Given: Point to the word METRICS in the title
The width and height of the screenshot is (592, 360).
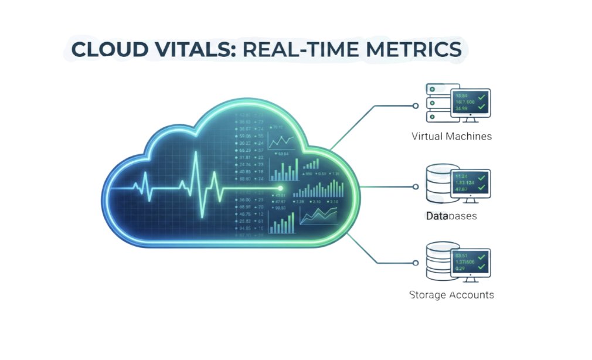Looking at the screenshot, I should click(413, 50).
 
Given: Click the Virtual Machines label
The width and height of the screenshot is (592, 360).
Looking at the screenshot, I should click(451, 136).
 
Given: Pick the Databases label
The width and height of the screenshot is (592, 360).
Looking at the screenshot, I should click(451, 216).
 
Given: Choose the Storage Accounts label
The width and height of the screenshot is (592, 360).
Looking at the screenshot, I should click(451, 295).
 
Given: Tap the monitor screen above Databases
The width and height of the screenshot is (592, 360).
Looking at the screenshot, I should click(471, 182).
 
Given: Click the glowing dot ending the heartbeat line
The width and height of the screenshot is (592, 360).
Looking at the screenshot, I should click(280, 188).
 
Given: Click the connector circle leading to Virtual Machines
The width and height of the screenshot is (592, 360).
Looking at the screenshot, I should click(416, 106).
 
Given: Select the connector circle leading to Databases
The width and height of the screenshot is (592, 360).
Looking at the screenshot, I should click(416, 187).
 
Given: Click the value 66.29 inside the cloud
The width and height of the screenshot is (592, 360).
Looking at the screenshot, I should click(244, 151).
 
